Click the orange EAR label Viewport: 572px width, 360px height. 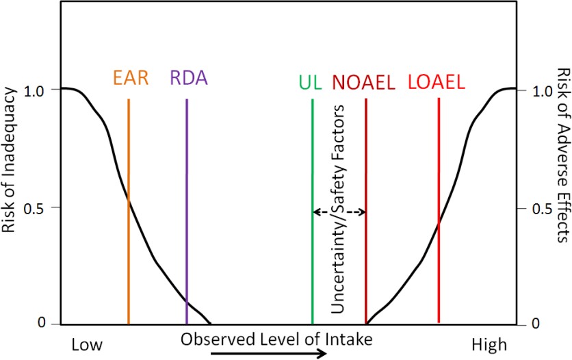pyautogui.click(x=131, y=79)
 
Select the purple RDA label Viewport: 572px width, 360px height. pyautogui.click(x=188, y=79)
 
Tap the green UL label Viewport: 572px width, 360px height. pyautogui.click(x=311, y=82)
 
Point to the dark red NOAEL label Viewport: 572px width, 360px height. pyautogui.click(x=364, y=82)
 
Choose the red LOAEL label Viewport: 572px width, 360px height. pyautogui.click(x=436, y=82)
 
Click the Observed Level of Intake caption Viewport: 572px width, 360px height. pyautogui.click(x=276, y=339)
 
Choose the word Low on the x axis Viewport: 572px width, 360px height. pyautogui.click(x=87, y=344)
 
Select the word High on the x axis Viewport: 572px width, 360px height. pyautogui.click(x=490, y=344)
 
